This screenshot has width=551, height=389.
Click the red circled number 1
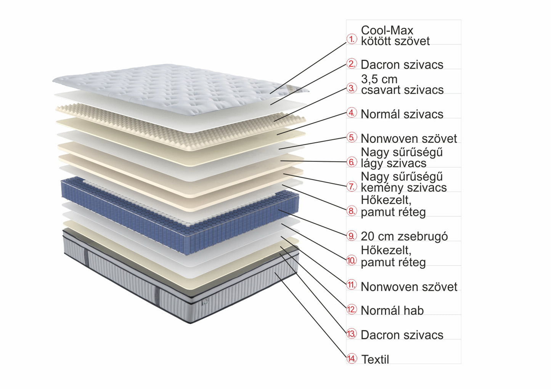[352, 39]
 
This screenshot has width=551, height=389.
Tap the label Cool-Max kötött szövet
[395, 35]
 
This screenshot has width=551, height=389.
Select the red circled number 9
[352, 236]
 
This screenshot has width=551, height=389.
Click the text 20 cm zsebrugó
[404, 236]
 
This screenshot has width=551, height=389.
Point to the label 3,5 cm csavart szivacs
[402, 85]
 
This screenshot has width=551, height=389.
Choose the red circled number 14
[352, 359]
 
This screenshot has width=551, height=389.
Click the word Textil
[375, 359]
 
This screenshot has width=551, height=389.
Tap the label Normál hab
[392, 311]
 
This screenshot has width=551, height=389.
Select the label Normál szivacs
[402, 114]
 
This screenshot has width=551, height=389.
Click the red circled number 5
[352, 138]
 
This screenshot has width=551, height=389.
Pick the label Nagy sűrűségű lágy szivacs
[402, 158]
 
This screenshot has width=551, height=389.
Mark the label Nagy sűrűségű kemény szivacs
[403, 182]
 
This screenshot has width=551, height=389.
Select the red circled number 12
[352, 309]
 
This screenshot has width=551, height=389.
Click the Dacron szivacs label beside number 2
[402, 65]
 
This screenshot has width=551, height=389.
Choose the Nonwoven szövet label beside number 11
[409, 287]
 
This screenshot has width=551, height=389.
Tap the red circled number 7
[352, 187]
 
